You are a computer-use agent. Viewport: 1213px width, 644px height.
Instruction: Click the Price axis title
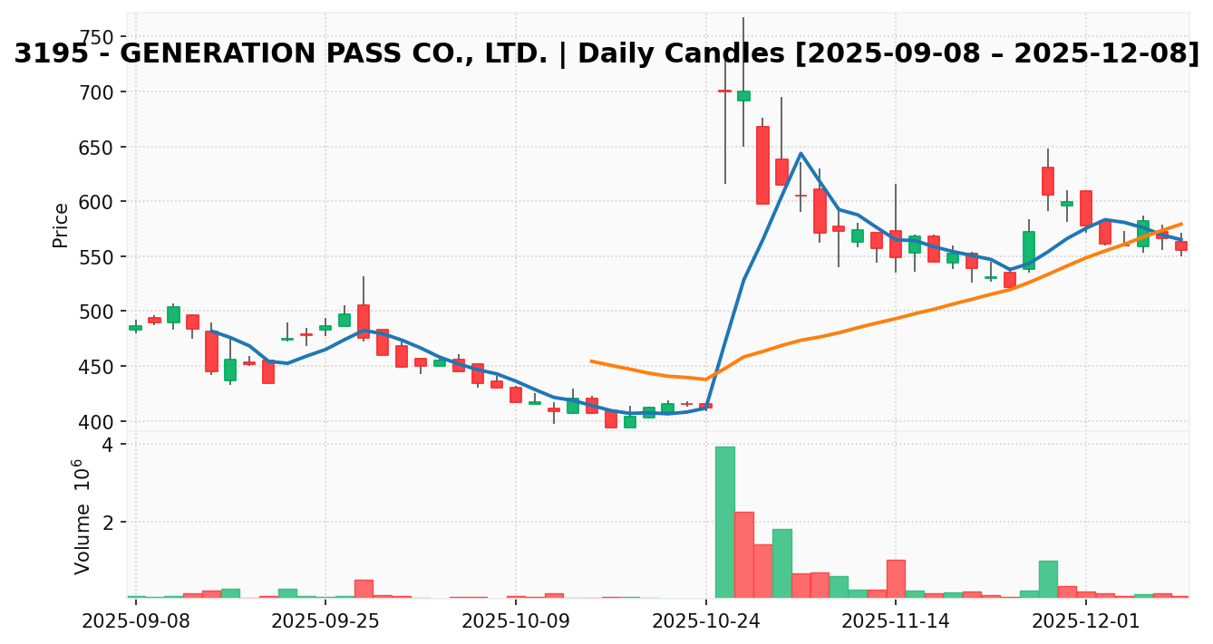[61, 225]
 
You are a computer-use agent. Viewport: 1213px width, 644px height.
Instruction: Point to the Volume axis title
[82, 516]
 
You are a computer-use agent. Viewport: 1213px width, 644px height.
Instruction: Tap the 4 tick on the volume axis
[107, 445]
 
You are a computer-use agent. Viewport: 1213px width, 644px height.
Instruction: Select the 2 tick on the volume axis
[107, 523]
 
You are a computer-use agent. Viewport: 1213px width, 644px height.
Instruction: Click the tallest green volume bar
[724, 522]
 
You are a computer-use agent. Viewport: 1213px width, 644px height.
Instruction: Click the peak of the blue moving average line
[801, 153]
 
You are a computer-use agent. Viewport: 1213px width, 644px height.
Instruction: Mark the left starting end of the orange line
[591, 360]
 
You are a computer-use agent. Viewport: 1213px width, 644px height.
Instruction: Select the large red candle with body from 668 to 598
[762, 165]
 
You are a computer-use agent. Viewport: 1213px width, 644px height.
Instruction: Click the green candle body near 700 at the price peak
[743, 96]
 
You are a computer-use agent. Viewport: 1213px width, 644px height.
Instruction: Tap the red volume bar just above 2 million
[743, 554]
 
